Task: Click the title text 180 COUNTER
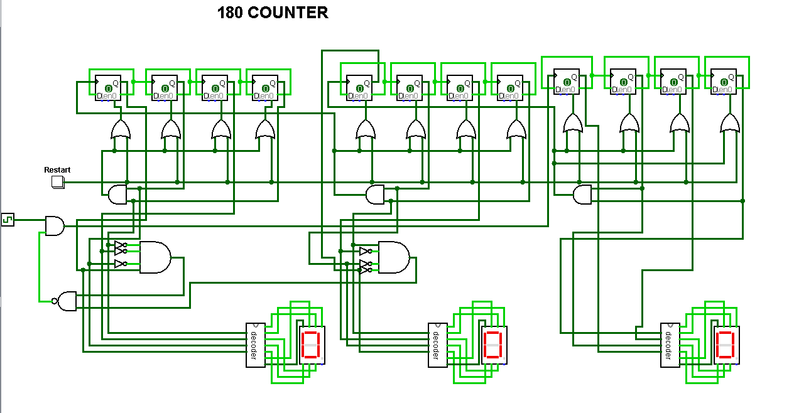pyautogui.click(x=272, y=13)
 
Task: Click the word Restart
pyautogui.click(x=57, y=170)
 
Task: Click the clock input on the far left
pyautogui.click(x=8, y=219)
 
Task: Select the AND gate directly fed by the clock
pyautogui.click(x=55, y=225)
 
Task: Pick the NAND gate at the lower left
pyautogui.click(x=67, y=301)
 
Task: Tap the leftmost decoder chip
pyautogui.click(x=255, y=345)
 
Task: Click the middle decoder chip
pyautogui.click(x=437, y=345)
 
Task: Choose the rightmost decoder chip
pyautogui.click(x=670, y=345)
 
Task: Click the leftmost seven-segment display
pyautogui.click(x=312, y=345)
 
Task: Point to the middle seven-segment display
pyautogui.click(x=494, y=345)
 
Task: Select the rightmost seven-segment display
pyautogui.click(x=726, y=345)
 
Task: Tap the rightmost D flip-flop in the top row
pyautogui.click(x=723, y=82)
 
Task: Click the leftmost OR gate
pyautogui.click(x=121, y=130)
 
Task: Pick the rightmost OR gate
pyautogui.click(x=730, y=123)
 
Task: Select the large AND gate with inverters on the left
pyautogui.click(x=155, y=257)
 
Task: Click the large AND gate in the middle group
pyautogui.click(x=393, y=257)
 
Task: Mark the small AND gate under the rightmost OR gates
pyautogui.click(x=582, y=195)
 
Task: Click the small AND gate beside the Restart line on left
pyautogui.click(x=117, y=195)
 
